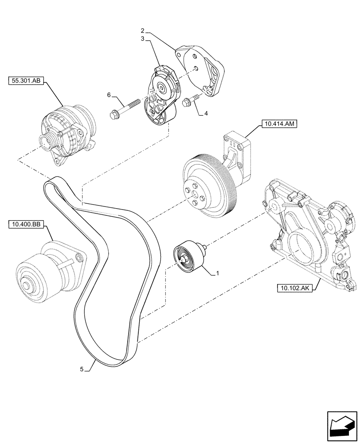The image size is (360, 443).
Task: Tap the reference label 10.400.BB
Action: pos(25,225)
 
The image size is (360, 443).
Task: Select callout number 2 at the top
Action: pos(143,31)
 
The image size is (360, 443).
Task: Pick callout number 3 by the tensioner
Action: pos(143,39)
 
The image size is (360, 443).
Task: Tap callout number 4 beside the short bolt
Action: pos(206,113)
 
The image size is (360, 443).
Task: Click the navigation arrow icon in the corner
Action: pos(342,425)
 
